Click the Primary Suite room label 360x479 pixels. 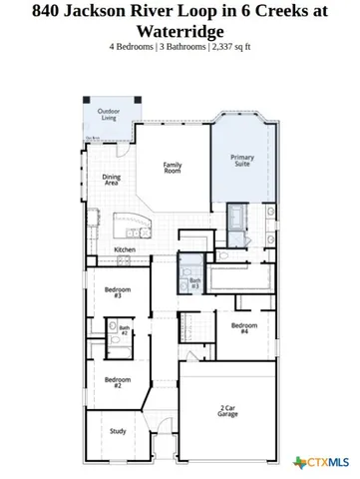pos(242,161)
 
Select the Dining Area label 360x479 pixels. pos(112,180)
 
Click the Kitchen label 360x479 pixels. pos(125,249)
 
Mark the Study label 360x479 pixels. pos(117,432)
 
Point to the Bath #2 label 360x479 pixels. pos(125,329)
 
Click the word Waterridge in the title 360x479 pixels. pos(180,31)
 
